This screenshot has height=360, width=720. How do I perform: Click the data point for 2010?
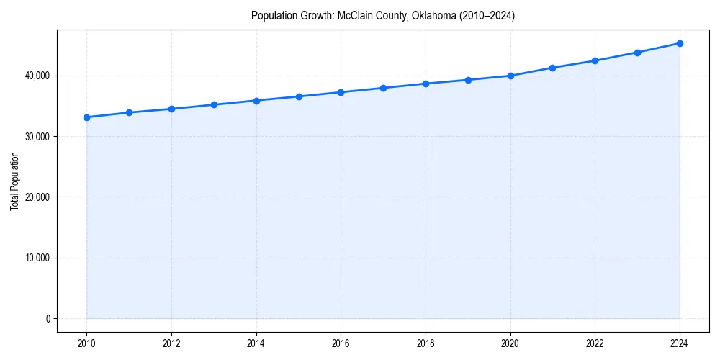point(86,117)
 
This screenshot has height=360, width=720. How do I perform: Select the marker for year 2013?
point(214,105)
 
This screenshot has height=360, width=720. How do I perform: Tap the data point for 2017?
point(383,88)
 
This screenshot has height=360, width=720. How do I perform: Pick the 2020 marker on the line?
point(510,76)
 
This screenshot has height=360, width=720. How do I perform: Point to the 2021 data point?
point(552,68)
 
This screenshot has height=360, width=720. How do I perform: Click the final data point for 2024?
point(680,43)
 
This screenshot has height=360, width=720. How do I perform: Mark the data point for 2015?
point(299,96)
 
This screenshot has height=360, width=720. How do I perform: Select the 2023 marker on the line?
point(637,53)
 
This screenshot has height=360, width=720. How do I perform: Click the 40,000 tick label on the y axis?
point(36,76)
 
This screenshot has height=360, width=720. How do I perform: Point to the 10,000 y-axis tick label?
point(36,258)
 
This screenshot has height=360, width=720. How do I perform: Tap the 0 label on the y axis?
point(48,318)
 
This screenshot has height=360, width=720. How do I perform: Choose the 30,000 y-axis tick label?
point(36,136)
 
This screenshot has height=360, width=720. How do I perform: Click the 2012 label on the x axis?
point(171,343)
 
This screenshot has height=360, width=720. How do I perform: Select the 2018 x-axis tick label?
point(426,343)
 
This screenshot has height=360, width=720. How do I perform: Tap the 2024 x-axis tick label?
point(680,343)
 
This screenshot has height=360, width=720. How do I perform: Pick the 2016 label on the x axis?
point(341,343)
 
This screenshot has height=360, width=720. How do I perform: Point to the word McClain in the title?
point(354,15)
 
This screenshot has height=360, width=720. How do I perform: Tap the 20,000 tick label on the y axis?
point(36,197)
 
